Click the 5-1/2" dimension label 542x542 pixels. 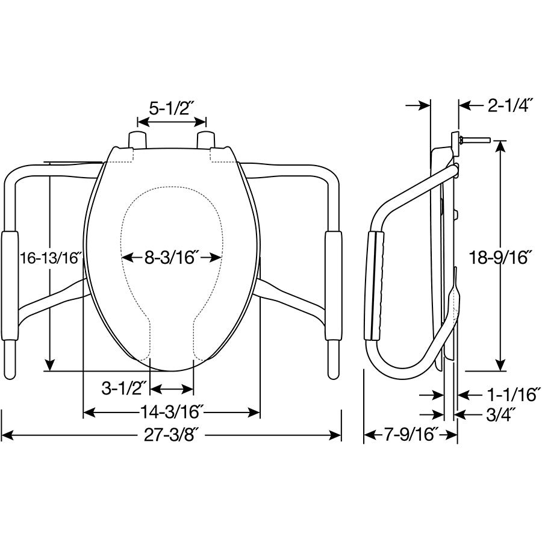[x=171, y=108]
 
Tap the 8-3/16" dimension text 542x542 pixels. [x=172, y=258]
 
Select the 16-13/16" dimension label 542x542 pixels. [x=50, y=258]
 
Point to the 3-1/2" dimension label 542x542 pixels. [x=124, y=389]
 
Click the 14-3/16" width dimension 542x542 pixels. [x=172, y=413]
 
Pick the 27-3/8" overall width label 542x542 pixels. [x=172, y=435]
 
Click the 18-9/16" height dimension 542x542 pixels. [x=500, y=258]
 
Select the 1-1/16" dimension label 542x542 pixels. [x=511, y=394]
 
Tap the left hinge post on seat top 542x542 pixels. [x=137, y=139]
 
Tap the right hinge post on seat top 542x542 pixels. [x=206, y=139]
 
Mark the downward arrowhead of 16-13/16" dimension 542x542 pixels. [x=50, y=364]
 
